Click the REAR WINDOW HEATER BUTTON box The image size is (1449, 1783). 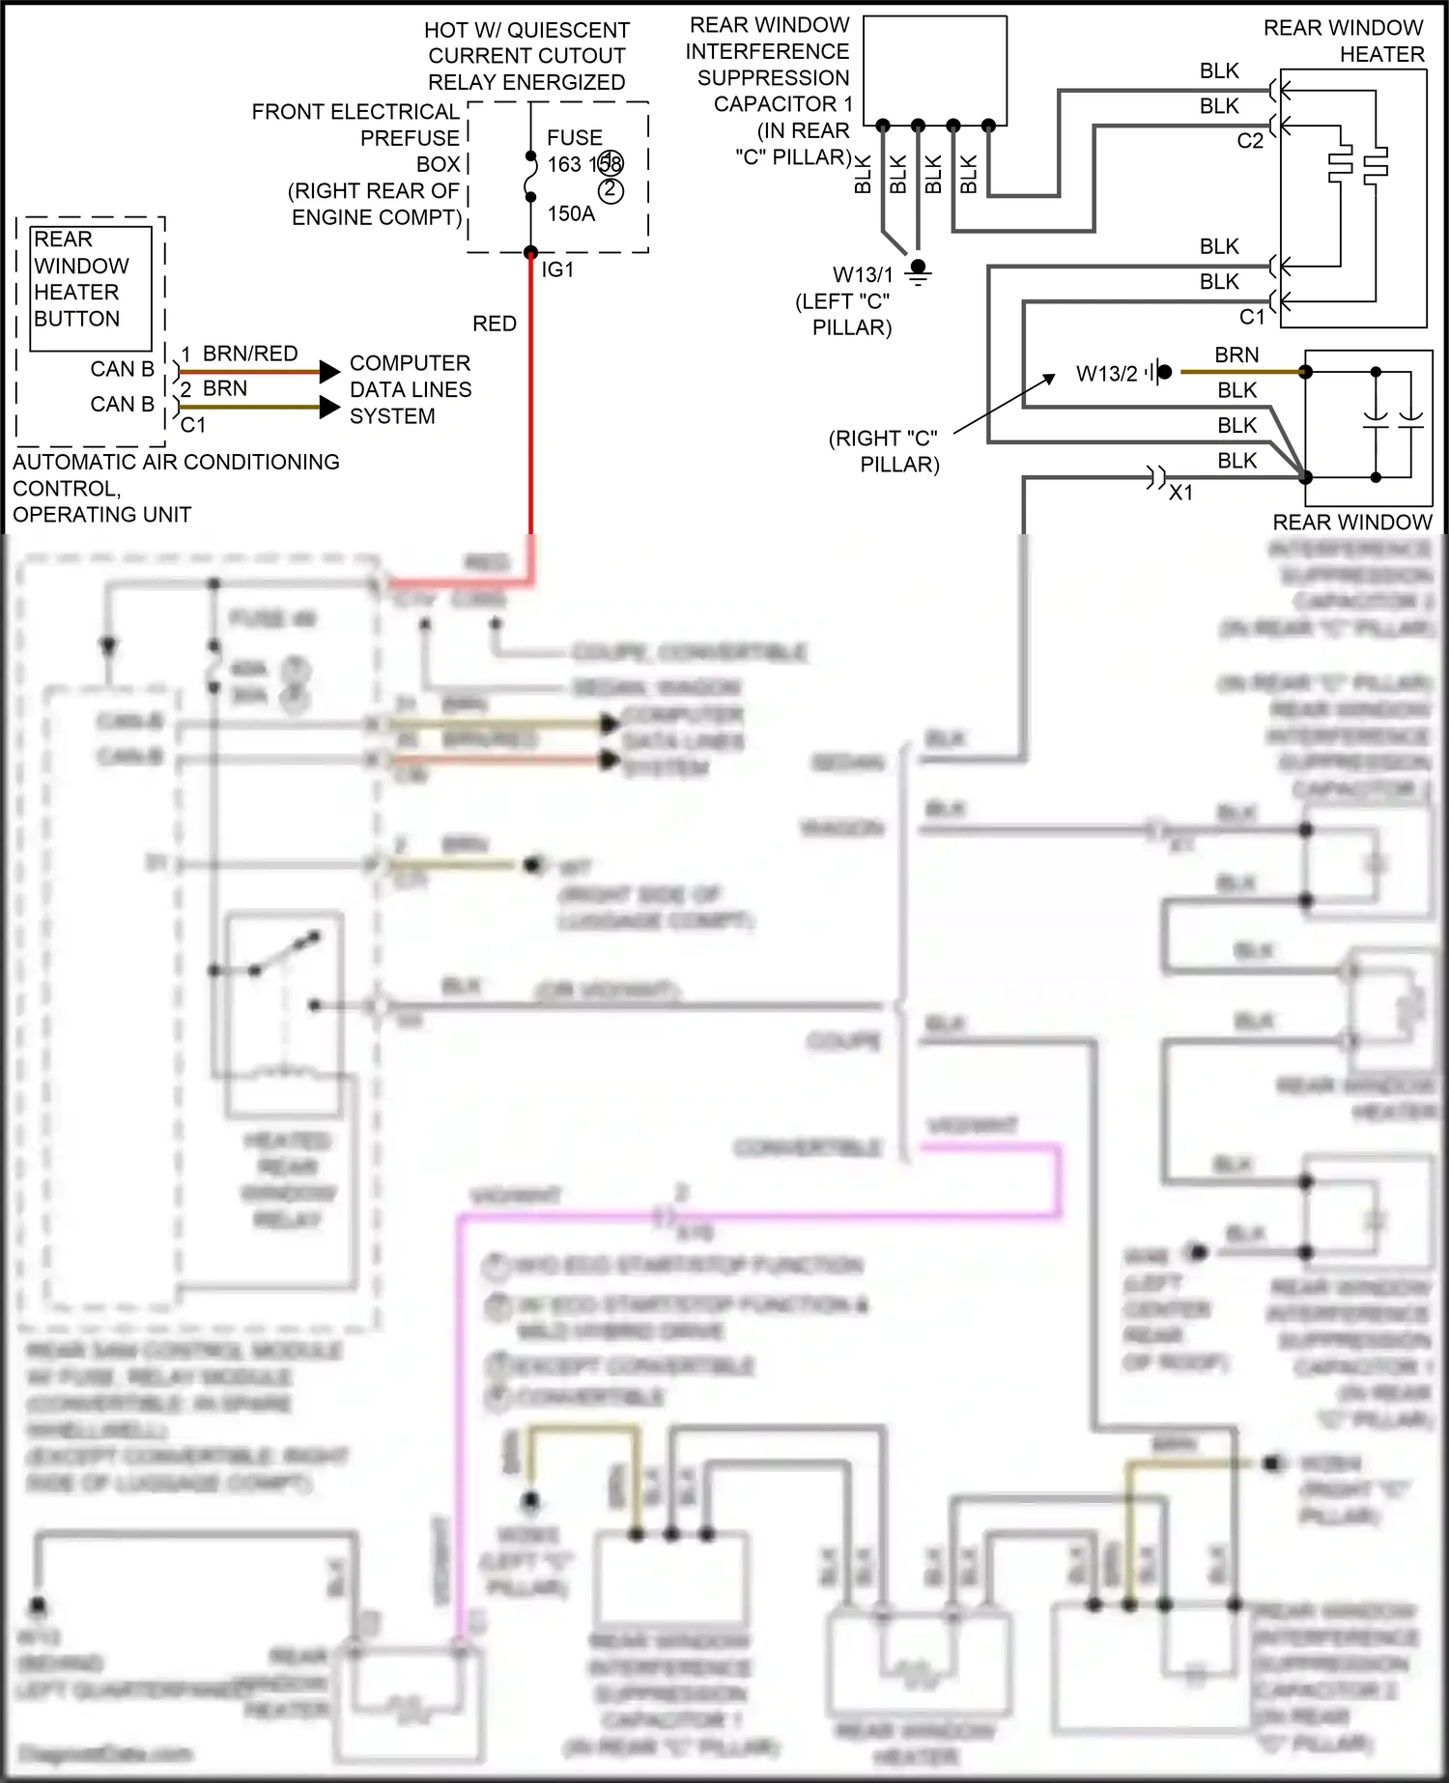(92, 288)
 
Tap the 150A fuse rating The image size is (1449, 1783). (571, 213)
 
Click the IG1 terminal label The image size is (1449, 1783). (557, 270)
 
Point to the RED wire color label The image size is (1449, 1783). (494, 324)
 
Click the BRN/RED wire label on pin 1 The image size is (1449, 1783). (249, 354)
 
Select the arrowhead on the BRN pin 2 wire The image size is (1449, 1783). (330, 408)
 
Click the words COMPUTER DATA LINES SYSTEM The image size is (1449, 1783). (410, 389)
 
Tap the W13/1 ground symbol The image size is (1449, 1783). (918, 271)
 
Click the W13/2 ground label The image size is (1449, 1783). (1106, 374)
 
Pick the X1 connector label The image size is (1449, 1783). (1180, 493)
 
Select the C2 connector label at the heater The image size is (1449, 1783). (1249, 141)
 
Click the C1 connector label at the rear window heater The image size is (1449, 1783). (1251, 317)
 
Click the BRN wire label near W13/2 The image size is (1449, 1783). (1236, 355)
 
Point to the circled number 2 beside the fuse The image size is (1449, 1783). (610, 190)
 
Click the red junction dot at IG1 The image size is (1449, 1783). (530, 253)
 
